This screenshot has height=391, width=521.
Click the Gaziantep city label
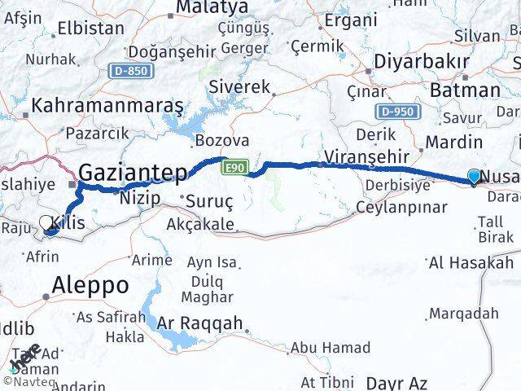click(134, 172)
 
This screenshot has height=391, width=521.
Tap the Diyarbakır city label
click(419, 62)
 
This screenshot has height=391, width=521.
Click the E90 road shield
click(234, 166)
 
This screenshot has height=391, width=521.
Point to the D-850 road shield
click(131, 71)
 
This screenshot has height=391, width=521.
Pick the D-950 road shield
click(398, 112)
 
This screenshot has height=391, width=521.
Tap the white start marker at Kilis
click(46, 222)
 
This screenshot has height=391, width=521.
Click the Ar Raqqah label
click(201, 323)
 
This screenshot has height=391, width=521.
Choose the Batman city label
click(465, 90)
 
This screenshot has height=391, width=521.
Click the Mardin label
click(454, 143)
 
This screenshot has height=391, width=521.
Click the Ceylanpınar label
click(401, 207)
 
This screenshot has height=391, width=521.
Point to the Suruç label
click(209, 200)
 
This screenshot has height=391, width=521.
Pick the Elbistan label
click(91, 28)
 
